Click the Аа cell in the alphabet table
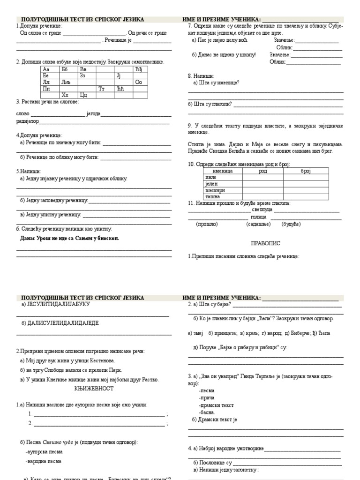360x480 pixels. click(x=46, y=69)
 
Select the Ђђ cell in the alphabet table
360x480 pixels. click(x=138, y=69)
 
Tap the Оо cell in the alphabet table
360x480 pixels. click(x=138, y=82)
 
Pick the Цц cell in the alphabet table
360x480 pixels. click(x=84, y=95)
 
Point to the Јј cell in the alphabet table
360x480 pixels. click(x=119, y=75)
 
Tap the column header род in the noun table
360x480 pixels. click(x=263, y=171)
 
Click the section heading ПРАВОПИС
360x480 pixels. click(x=266, y=244)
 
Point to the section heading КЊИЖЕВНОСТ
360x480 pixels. click(x=94, y=389)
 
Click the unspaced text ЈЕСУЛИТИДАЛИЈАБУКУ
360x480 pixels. click(x=56, y=304)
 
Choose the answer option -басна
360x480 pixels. click(x=206, y=412)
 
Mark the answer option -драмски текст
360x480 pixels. click(x=216, y=405)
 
